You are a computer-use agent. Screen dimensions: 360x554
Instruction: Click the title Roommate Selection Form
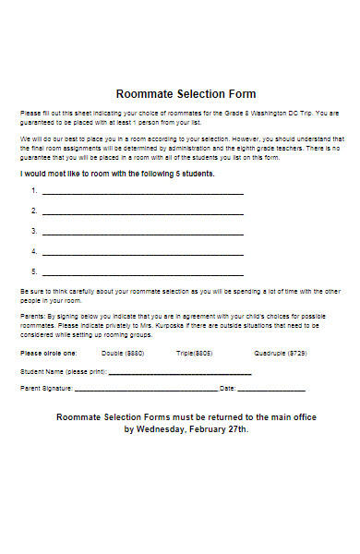coord(186,94)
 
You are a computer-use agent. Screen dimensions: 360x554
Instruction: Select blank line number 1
coord(143,192)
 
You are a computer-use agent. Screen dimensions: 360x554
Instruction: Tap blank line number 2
coord(143,212)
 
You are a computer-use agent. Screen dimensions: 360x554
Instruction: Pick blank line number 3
coord(143,232)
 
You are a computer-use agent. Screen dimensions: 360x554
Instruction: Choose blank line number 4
coord(143,252)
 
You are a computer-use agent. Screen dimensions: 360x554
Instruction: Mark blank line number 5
coord(143,272)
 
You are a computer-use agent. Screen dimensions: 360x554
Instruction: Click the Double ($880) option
coord(123,353)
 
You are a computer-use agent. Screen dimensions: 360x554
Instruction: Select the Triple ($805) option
coord(195,353)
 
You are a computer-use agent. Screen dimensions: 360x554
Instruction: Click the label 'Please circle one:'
coord(49,353)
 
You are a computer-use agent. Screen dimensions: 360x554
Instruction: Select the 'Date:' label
coord(229,389)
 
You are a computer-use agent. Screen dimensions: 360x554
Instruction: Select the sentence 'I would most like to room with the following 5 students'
coord(117,173)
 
